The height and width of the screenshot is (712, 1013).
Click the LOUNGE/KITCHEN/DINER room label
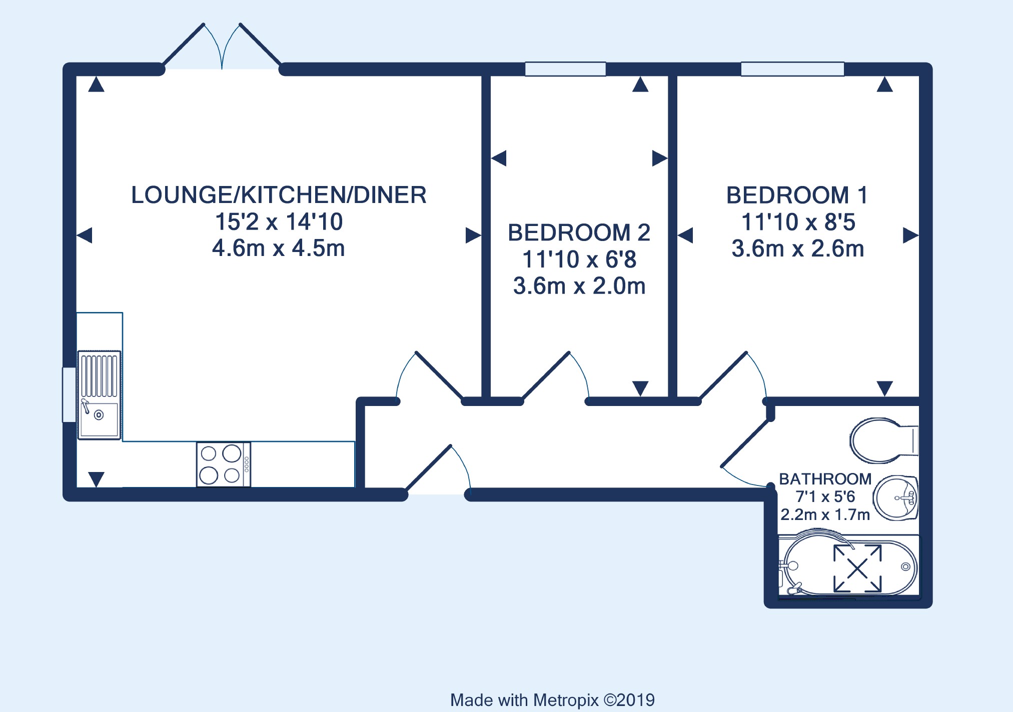point(279,195)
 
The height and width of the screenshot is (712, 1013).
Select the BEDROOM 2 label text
point(579,233)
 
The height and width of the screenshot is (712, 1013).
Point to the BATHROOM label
point(825,479)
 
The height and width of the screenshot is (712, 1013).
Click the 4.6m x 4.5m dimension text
point(279,248)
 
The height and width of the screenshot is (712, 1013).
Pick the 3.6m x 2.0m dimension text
point(579,286)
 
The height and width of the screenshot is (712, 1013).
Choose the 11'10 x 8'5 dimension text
point(798,222)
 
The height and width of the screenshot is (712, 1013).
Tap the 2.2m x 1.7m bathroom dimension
point(825,514)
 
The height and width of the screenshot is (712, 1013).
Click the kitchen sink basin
point(100,419)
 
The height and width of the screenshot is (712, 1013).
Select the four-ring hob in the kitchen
point(223,464)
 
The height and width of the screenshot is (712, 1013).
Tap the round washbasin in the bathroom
point(896,498)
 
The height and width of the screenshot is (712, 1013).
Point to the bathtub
point(849,566)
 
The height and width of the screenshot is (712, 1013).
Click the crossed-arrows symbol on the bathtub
point(857,568)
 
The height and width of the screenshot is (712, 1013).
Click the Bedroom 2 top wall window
point(565,69)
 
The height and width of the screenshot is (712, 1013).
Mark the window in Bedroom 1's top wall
point(792,69)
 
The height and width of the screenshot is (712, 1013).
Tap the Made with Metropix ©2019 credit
point(552,700)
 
